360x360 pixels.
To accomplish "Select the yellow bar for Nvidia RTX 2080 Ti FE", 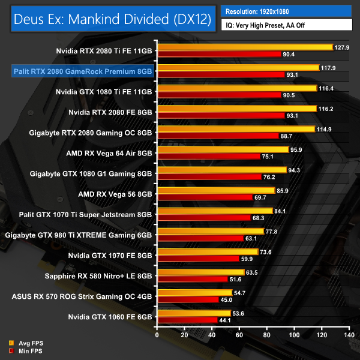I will pos(244,47).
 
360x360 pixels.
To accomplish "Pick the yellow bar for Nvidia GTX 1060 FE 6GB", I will pos(194,313).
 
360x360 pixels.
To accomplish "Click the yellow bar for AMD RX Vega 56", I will pos(216,190).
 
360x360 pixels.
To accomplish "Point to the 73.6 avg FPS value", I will pos(268,252).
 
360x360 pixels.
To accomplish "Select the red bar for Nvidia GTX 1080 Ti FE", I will pos(218,95).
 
